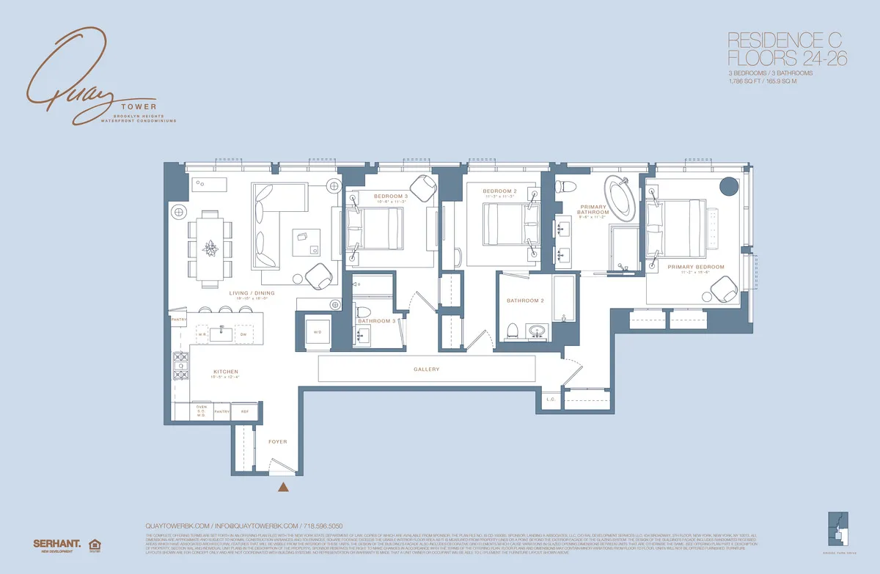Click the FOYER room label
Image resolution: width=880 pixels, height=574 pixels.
click(x=277, y=442)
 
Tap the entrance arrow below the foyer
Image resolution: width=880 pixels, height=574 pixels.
click(x=282, y=485)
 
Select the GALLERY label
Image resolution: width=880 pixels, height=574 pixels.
click(x=426, y=369)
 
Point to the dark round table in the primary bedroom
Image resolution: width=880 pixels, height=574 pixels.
click(x=728, y=186)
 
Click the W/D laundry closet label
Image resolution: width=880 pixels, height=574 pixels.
click(x=317, y=332)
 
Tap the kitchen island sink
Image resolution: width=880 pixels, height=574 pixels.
click(x=221, y=334)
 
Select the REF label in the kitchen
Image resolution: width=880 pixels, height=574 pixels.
click(x=245, y=412)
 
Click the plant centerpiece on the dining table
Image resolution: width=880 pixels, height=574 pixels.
click(x=211, y=247)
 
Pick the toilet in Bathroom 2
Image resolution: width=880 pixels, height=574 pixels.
click(x=513, y=331)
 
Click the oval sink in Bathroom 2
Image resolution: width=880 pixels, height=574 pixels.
click(x=539, y=331)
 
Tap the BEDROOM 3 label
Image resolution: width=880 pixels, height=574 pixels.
click(x=390, y=196)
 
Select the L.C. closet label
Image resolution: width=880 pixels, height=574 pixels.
click(x=551, y=400)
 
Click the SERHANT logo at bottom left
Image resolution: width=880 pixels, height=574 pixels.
click(x=56, y=543)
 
